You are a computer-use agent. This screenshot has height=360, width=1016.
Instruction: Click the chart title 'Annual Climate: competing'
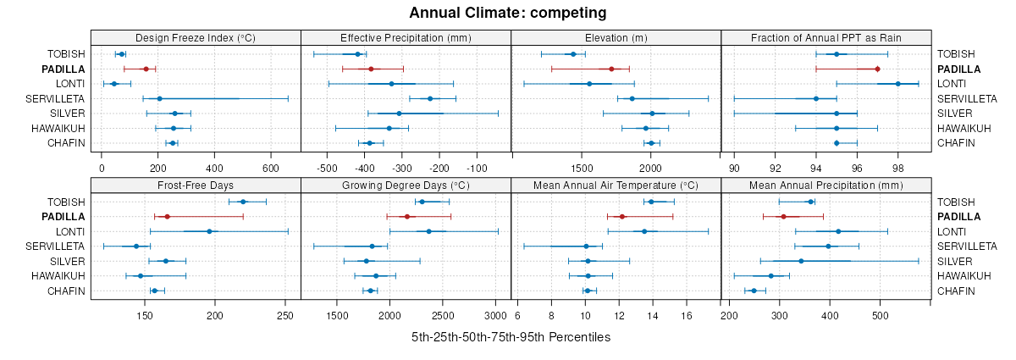click(507, 13)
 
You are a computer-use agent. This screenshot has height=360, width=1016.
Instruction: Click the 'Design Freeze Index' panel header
click(196, 37)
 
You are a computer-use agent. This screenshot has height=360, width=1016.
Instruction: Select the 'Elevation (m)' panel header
click(616, 37)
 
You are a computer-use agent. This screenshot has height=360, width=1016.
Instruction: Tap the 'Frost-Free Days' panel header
click(196, 186)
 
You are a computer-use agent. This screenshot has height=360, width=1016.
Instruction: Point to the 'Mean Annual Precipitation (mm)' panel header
click(825, 186)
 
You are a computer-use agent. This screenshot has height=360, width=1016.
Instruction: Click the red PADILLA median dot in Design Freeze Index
click(146, 69)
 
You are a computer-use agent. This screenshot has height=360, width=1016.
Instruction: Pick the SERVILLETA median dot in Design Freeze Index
click(159, 98)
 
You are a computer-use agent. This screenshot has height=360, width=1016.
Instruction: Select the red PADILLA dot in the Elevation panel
click(611, 69)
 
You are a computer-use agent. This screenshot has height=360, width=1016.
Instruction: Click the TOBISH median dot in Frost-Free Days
click(243, 202)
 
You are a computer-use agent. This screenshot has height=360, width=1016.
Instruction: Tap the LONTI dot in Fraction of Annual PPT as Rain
click(897, 84)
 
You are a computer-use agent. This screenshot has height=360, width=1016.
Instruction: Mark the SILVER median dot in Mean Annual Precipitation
click(801, 261)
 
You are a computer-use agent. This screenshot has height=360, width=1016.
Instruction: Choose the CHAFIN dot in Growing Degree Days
click(370, 291)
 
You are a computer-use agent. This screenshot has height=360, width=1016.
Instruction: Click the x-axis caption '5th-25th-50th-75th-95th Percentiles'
click(511, 337)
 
